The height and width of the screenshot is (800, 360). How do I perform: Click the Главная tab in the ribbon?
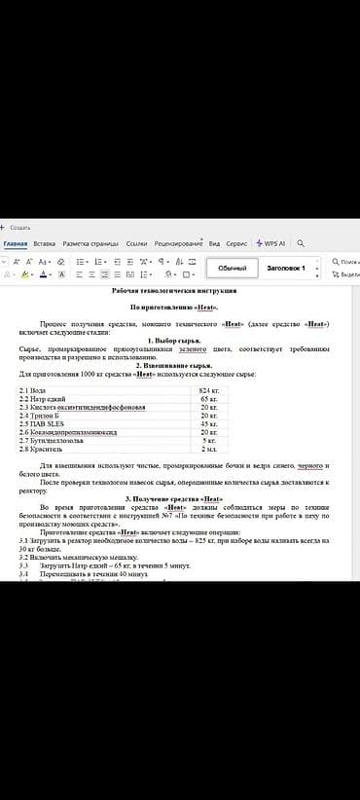[15, 243]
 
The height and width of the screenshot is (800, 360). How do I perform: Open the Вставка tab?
[45, 243]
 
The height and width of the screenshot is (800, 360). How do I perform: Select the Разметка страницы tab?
[90, 243]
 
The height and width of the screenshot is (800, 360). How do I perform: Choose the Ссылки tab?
[136, 243]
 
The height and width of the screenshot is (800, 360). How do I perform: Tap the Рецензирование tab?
[178, 243]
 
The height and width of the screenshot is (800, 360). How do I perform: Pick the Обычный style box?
[232, 268]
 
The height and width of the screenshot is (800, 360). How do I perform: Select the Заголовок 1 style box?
[286, 268]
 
